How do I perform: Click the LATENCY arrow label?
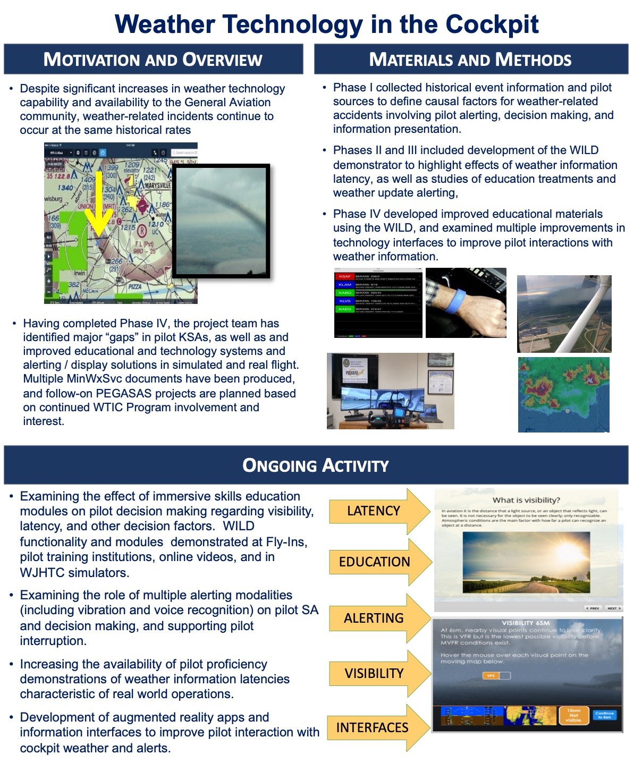[374, 511]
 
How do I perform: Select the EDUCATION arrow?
[375, 562]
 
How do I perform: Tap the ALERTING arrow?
[374, 618]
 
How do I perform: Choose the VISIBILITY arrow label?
[374, 674]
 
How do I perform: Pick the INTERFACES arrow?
[373, 728]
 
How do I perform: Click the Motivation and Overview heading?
[153, 60]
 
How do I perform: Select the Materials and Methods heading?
[470, 60]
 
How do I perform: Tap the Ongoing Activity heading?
[316, 465]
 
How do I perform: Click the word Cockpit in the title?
[492, 24]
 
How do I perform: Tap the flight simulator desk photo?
[390, 391]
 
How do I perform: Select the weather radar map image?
[563, 394]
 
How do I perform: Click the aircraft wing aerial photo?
[564, 313]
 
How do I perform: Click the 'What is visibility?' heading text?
[526, 500]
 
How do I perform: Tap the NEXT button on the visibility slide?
[613, 608]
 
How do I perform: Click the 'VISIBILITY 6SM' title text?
[526, 623]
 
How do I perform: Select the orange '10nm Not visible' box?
[573, 715]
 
